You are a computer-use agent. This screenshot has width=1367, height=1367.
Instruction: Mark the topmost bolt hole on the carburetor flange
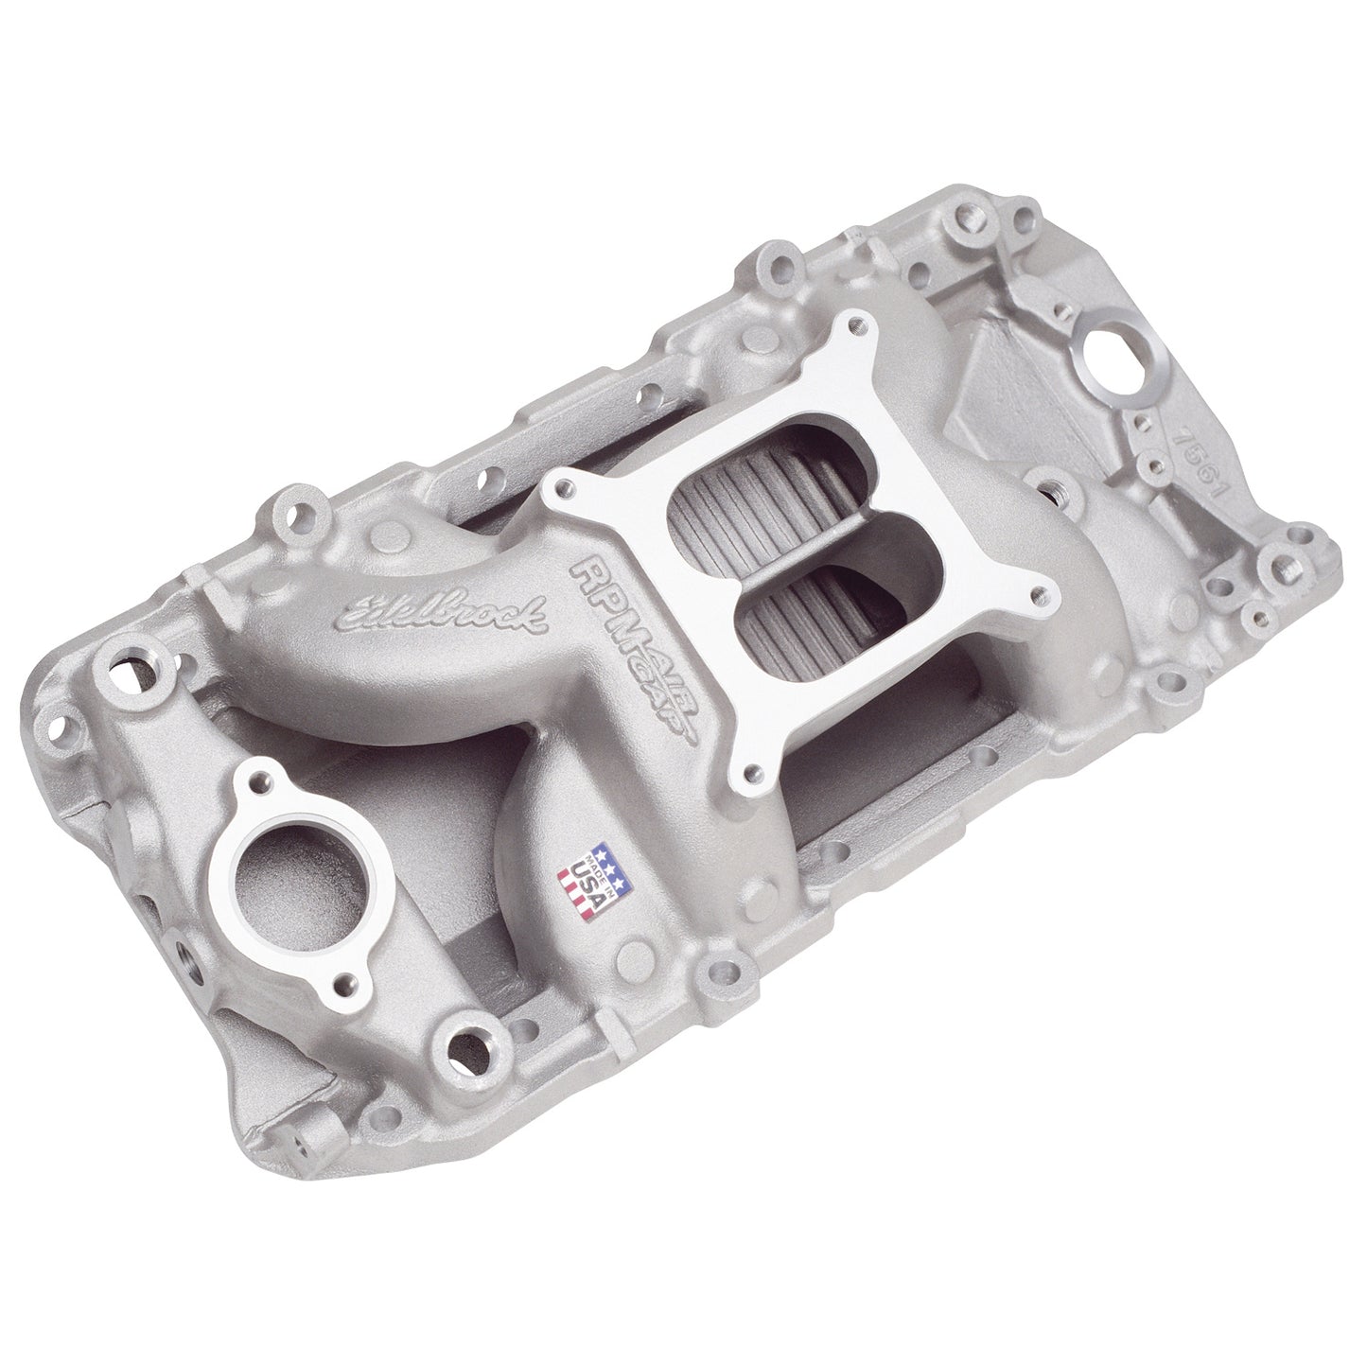856,326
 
